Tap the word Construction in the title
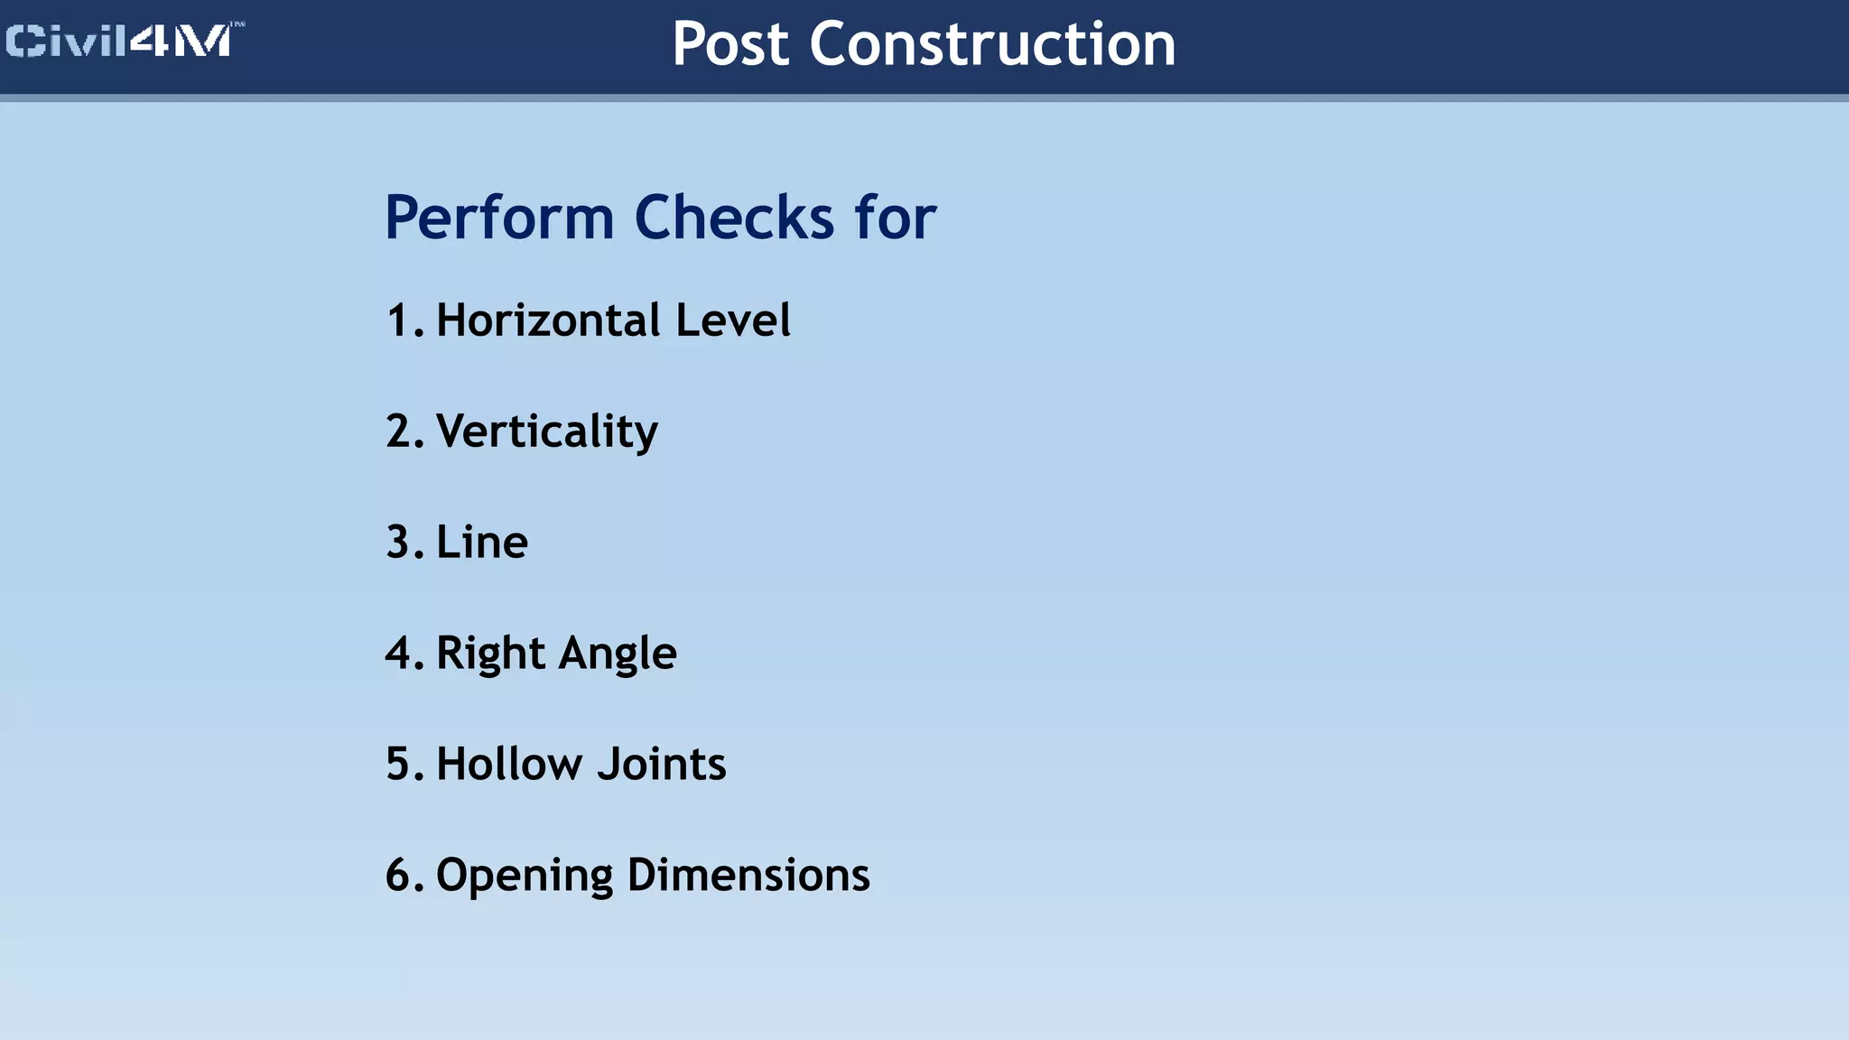[992, 44]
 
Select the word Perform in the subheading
[499, 218]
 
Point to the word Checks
[734, 218]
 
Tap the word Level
[732, 320]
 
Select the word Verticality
[547, 432]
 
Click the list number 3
[399, 543]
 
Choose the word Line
[482, 543]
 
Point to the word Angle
[618, 654]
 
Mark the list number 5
[399, 765]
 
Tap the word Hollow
[510, 765]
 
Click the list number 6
[399, 876]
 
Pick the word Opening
[525, 876]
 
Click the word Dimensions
[748, 876]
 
